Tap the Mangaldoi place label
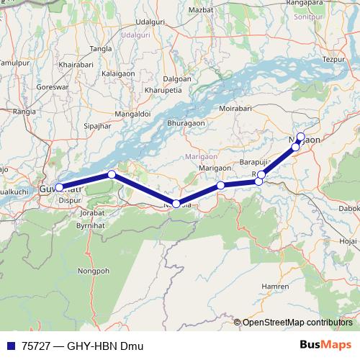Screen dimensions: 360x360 point(132,114)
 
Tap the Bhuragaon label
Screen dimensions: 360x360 point(186,124)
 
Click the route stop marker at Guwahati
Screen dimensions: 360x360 point(59,187)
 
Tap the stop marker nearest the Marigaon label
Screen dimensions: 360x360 point(221,185)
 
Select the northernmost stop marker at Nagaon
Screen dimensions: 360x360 point(301,137)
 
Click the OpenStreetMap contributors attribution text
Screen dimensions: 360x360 point(297,322)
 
